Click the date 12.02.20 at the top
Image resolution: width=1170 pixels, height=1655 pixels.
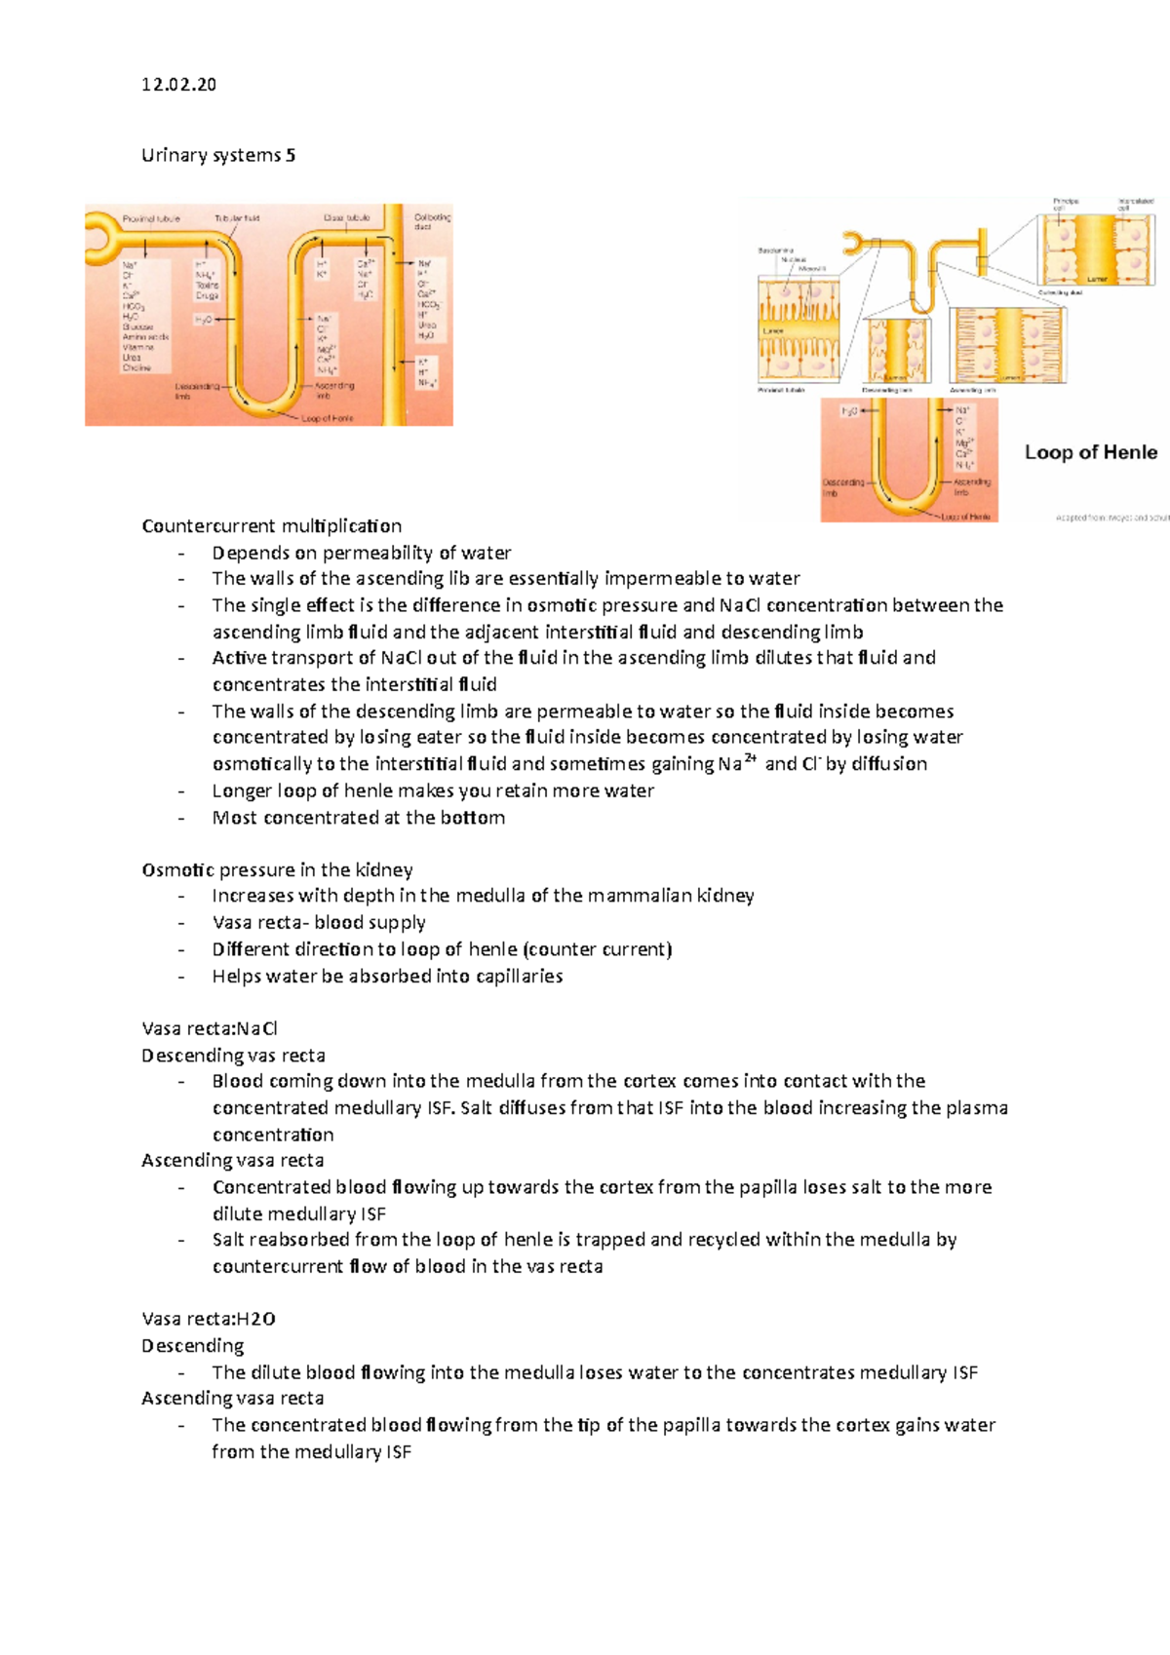(178, 85)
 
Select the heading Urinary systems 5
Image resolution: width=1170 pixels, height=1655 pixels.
(218, 155)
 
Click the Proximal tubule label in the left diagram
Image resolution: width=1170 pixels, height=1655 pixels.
(151, 218)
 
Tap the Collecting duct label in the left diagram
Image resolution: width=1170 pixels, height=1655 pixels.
(432, 221)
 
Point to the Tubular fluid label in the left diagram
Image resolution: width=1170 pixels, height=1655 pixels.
(237, 218)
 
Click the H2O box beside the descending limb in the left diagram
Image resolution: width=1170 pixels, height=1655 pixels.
(203, 320)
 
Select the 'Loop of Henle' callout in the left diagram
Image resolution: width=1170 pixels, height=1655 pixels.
(328, 418)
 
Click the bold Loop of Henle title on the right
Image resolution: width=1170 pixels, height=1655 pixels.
(1090, 452)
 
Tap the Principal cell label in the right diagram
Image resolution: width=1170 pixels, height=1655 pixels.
(1065, 204)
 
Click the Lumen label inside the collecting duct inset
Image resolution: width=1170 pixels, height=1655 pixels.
(1097, 279)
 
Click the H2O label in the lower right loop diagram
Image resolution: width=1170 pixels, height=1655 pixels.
(849, 411)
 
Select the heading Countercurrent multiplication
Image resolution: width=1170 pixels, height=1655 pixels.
(271, 526)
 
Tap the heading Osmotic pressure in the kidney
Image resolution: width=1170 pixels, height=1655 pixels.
(277, 869)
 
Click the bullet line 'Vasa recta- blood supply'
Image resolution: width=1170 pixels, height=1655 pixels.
(318, 922)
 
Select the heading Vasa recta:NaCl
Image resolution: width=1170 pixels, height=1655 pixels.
(210, 1028)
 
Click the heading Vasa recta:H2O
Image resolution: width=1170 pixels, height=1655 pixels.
(208, 1319)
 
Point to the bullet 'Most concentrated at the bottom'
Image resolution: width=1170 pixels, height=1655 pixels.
(358, 818)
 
